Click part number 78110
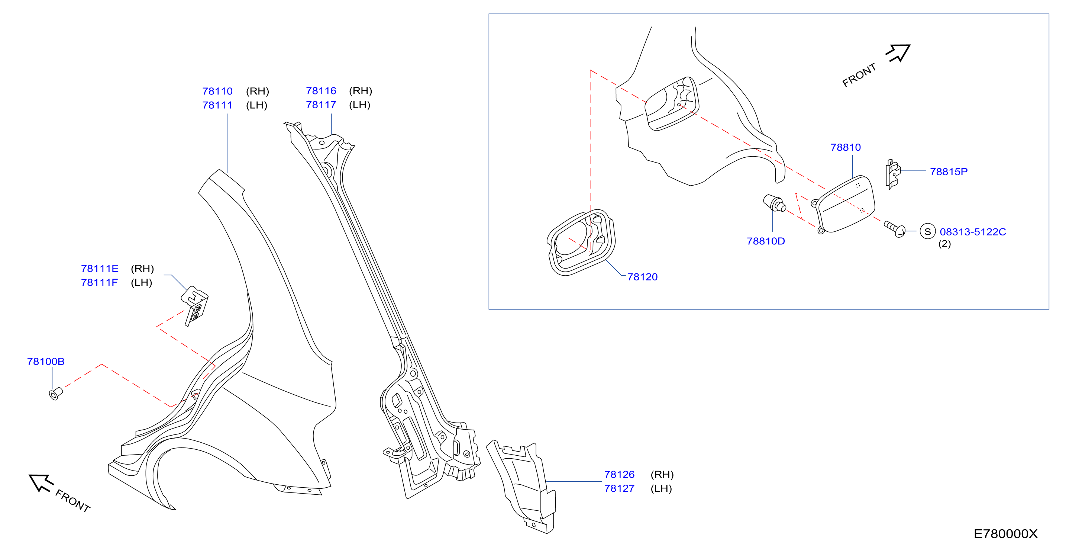[x=217, y=91]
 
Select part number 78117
[x=321, y=105]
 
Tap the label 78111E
[x=100, y=268]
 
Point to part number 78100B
[x=46, y=361]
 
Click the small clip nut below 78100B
[x=56, y=394]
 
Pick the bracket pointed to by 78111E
[x=195, y=305]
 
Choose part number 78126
[x=619, y=475]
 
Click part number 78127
[x=619, y=488]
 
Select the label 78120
[x=642, y=277]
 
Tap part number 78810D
[x=766, y=241]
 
